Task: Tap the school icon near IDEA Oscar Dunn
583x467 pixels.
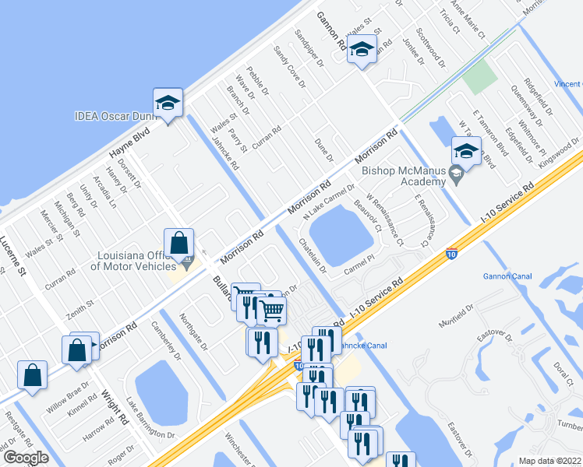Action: click(168, 104)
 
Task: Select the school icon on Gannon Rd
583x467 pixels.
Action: click(362, 51)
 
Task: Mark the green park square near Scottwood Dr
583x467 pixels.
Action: click(479, 77)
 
